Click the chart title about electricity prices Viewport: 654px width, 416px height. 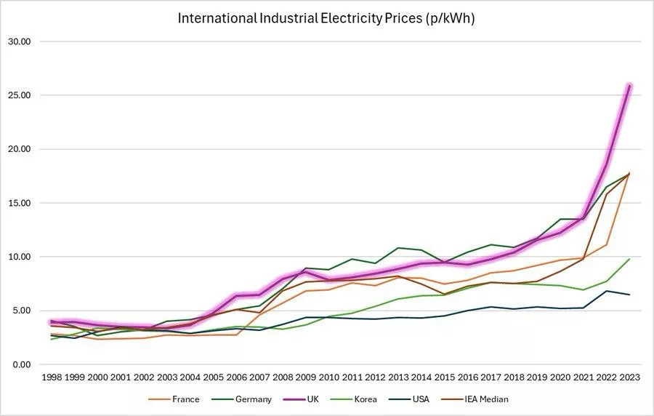pyautogui.click(x=326, y=19)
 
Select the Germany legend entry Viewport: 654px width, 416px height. pyautogui.click(x=246, y=399)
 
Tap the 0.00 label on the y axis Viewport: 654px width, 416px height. pyautogui.click(x=20, y=364)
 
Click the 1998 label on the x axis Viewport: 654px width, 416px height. pyautogui.click(x=51, y=378)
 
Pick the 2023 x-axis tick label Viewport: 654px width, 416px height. pyautogui.click(x=629, y=378)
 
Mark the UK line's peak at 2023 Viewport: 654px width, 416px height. pyautogui.click(x=629, y=86)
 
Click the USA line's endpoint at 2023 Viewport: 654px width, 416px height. pyautogui.click(x=629, y=295)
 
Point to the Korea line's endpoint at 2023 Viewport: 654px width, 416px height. pyautogui.click(x=629, y=259)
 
